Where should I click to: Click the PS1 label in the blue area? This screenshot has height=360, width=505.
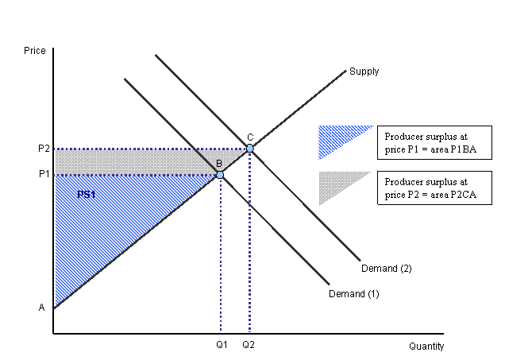click(x=87, y=194)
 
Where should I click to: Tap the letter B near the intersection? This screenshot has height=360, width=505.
click(x=219, y=164)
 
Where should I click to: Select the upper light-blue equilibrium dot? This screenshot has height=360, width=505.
click(x=250, y=148)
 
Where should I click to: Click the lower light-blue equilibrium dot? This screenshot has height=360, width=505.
click(x=220, y=174)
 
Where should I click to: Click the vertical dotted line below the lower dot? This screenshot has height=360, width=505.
click(x=221, y=262)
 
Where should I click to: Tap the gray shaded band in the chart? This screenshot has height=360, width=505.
click(x=127, y=161)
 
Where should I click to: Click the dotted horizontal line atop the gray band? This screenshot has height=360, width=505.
click(x=143, y=149)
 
